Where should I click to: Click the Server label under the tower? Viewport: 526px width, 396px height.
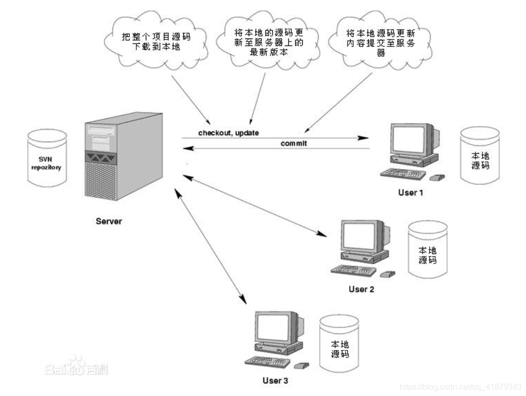click(109, 220)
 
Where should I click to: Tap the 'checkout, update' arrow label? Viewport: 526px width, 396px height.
click(228, 132)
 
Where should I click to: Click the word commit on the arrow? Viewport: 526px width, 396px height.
click(293, 143)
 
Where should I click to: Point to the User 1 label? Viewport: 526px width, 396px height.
click(411, 192)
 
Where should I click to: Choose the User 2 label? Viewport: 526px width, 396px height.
click(361, 289)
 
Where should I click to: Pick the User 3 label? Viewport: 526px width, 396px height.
click(275, 381)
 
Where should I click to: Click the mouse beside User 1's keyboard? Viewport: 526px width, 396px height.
click(437, 177)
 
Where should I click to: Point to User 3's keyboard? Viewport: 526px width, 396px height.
click(266, 361)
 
